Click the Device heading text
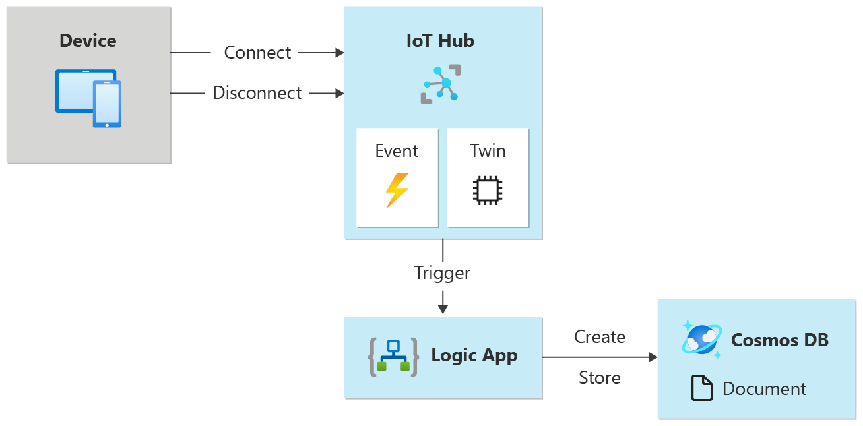[88, 41]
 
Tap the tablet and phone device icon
[88, 98]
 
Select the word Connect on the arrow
[257, 53]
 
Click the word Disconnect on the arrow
[257, 93]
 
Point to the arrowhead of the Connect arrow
[340, 53]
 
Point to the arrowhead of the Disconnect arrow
[340, 93]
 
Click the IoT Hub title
[440, 41]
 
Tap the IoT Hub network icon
[441, 84]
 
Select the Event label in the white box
[397, 151]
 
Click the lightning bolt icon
[397, 190]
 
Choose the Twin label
[488, 151]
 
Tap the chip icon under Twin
[488, 190]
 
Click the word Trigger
[442, 272]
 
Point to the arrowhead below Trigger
[443, 309]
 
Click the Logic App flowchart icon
[393, 357]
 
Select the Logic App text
[474, 356]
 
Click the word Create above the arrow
[600, 337]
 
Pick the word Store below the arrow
[600, 378]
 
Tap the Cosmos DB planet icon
[701, 340]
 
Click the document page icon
[702, 388]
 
